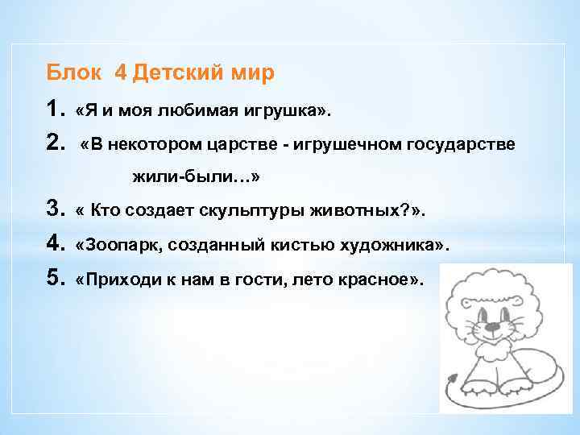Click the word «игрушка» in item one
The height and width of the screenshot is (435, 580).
284,109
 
